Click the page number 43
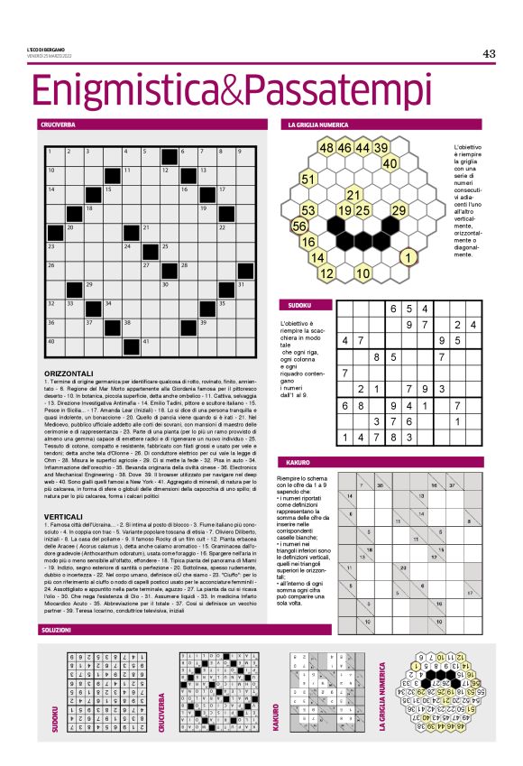tap(489, 53)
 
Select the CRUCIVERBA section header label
tap(57, 124)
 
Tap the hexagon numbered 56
tap(300, 226)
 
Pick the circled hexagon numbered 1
tap(408, 257)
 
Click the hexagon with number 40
tap(390, 163)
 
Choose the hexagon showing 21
tap(353, 195)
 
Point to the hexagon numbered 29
tap(398, 210)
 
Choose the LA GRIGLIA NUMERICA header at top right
tap(318, 124)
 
